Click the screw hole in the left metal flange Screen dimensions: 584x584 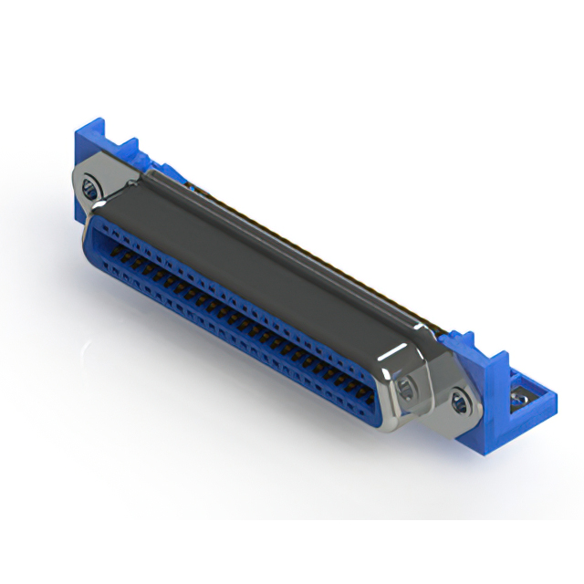[89, 189]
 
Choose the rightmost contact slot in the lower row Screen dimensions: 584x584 [363, 409]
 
